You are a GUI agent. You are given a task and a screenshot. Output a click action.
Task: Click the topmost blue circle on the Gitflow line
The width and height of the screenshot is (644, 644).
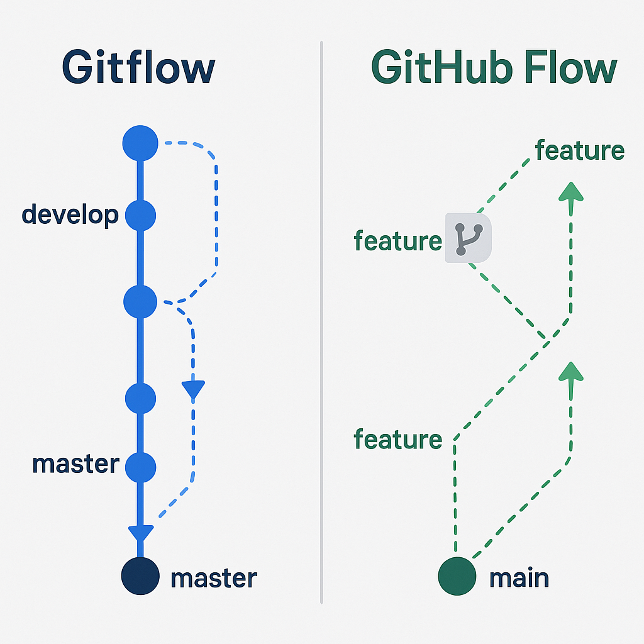pos(140,143)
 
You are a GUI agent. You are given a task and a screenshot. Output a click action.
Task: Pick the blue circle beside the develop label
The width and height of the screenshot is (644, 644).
pos(140,216)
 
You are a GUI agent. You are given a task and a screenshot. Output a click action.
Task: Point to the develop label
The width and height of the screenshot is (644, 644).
pos(70,216)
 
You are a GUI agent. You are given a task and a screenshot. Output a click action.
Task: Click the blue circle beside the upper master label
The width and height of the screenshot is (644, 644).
pos(140,466)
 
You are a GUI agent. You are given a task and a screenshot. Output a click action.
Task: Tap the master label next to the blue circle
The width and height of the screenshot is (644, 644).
pos(75,464)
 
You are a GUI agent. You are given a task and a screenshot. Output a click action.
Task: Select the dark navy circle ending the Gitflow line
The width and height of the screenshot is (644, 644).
pos(140,575)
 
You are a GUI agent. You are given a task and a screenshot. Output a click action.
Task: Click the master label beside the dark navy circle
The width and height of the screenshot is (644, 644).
pos(214,578)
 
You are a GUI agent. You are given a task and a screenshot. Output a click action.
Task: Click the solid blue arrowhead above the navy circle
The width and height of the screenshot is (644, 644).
pos(141,533)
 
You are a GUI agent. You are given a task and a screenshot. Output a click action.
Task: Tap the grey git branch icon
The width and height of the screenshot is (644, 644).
pos(468,238)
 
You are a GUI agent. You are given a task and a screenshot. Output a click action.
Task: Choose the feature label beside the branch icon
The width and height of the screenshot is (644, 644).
pos(397,241)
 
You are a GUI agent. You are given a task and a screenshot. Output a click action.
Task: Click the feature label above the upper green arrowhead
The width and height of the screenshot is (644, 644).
pos(579,151)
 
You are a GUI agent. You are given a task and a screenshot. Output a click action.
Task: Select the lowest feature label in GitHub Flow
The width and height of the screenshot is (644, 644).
pos(397,439)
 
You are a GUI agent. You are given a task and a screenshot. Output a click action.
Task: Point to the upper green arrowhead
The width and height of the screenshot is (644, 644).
pos(571,191)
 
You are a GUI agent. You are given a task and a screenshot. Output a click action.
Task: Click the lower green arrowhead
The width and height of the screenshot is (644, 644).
pos(571,371)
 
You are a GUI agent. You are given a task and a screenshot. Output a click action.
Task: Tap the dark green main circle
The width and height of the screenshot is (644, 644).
pos(457,575)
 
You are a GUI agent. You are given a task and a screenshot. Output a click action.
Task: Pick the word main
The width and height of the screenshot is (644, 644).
pos(519,578)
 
